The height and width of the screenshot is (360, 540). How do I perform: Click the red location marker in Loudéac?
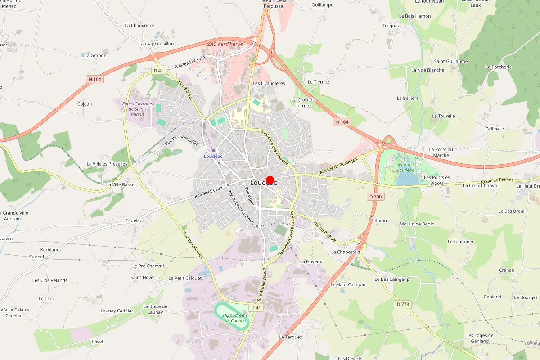click(270, 180)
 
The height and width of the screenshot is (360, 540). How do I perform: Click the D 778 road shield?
click(403, 304)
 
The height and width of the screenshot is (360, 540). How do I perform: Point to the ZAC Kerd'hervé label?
click(225, 44)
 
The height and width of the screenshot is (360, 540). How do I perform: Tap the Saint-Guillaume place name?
click(451, 61)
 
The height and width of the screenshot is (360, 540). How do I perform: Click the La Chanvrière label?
click(139, 26)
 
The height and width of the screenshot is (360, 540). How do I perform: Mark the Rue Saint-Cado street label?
click(208, 193)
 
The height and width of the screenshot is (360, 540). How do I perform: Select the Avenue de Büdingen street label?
click(338, 166)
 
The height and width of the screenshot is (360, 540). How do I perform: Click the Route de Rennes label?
click(497, 180)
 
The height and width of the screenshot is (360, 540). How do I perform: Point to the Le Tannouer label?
click(461, 242)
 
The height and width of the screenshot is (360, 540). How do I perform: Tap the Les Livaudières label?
click(269, 83)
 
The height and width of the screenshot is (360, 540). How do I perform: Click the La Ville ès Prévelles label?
click(107, 164)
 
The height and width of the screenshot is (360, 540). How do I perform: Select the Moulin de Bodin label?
click(417, 224)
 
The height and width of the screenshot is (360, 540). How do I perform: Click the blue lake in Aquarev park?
click(407, 180)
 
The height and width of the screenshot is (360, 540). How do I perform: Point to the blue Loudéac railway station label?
click(213, 156)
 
